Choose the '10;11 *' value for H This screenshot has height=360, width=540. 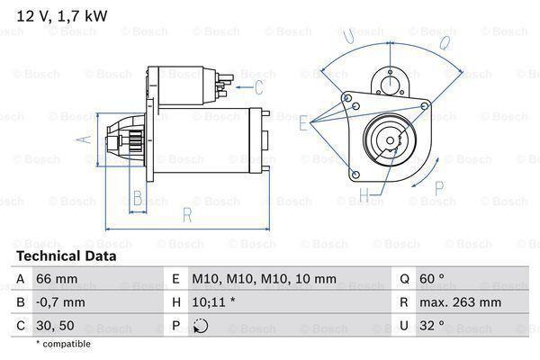213,303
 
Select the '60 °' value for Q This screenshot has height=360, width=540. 435,280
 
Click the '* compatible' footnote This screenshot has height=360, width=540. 64,344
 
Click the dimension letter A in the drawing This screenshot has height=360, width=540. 84,139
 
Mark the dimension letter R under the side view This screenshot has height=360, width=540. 186,213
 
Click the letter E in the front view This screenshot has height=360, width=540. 303,125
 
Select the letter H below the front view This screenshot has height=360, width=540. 364,194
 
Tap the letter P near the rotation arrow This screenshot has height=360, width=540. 439,187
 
